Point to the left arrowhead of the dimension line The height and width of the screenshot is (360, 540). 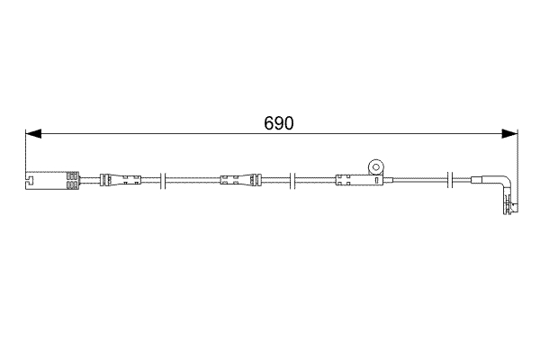pyautogui.click(x=32, y=135)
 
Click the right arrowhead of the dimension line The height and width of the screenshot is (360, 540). pyautogui.click(x=511, y=135)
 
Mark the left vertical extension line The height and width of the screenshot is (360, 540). pyautogui.click(x=25, y=153)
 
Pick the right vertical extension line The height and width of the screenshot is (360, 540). pyautogui.click(x=518, y=153)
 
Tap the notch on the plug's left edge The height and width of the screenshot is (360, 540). pyautogui.click(x=29, y=186)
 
